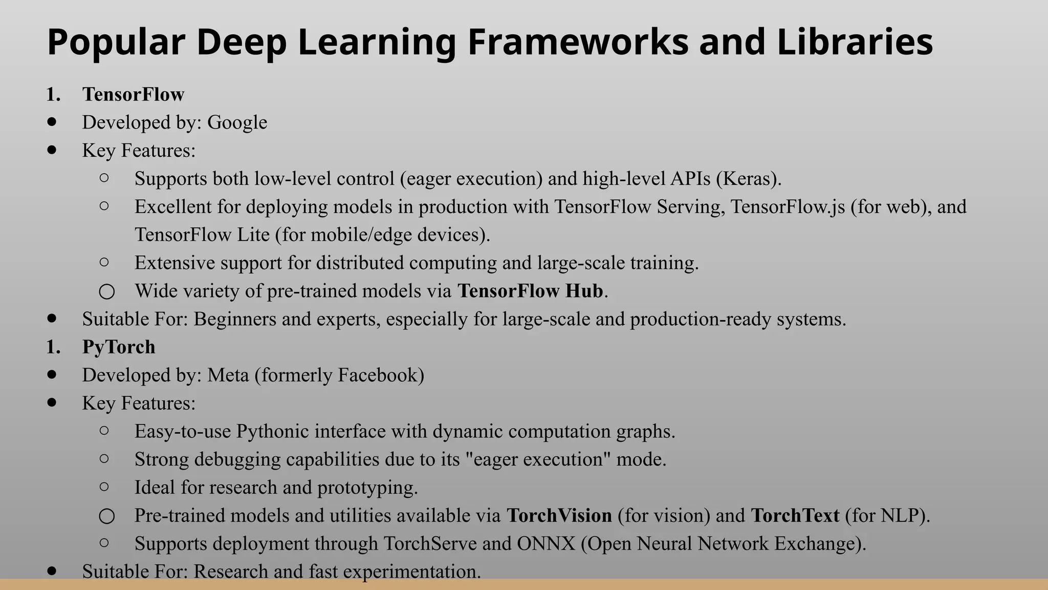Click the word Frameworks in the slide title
578,42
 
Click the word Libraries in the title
855,42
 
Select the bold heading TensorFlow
133,94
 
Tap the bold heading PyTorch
119,347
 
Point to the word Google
237,122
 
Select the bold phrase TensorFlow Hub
530,291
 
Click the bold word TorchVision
559,515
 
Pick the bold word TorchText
795,515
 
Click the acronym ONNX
546,543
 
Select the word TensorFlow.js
788,207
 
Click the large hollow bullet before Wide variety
106,291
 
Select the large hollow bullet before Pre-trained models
106,516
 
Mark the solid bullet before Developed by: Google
52,122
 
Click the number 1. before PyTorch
53,347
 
